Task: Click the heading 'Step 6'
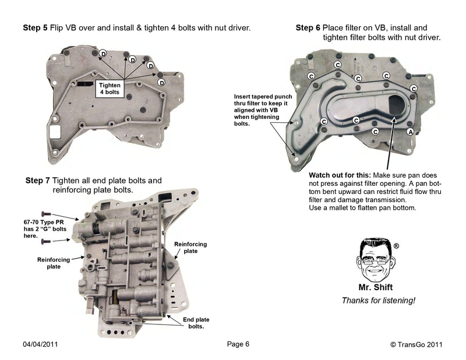[308, 27]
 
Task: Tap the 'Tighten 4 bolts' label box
[110, 89]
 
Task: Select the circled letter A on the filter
[410, 132]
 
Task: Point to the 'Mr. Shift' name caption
[374, 287]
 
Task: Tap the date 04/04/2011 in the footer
[40, 344]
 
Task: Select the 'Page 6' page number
[238, 344]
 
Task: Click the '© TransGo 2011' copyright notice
[416, 344]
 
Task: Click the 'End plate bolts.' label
[196, 323]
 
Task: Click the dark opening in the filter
[397, 108]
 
